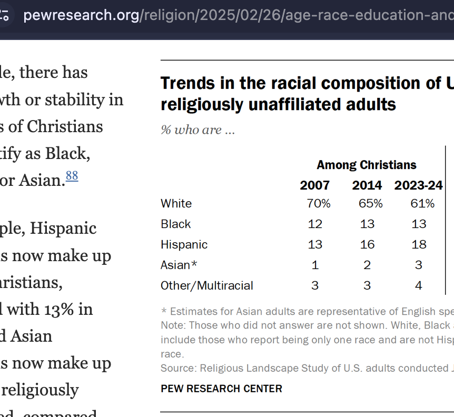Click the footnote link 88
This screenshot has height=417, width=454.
pos(72,176)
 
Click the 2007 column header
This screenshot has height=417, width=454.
pos(315,185)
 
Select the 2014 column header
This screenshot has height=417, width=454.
pos(367,185)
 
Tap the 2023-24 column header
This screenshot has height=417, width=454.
pos(418,185)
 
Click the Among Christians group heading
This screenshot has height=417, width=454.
pos(367,165)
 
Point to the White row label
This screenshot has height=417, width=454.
pos(176,203)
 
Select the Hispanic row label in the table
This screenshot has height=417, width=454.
pos(184,244)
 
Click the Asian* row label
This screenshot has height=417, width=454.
pos(180,265)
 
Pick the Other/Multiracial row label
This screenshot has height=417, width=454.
pos(207,285)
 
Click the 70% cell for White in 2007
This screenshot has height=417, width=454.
pos(318,203)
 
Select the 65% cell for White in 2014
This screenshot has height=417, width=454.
pos(370,203)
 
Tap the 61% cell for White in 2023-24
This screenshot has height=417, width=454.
pos(422,203)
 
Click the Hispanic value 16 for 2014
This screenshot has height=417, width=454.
pos(367,244)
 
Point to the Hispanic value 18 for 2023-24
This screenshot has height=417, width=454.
pos(419,244)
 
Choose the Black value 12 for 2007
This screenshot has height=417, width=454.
pos(315,224)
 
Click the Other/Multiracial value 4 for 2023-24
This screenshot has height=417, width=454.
pos(419,285)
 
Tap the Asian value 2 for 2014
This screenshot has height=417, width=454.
pos(367,265)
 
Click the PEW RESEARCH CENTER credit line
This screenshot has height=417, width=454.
pos(222,389)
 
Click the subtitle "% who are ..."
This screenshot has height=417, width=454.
pos(198,130)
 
